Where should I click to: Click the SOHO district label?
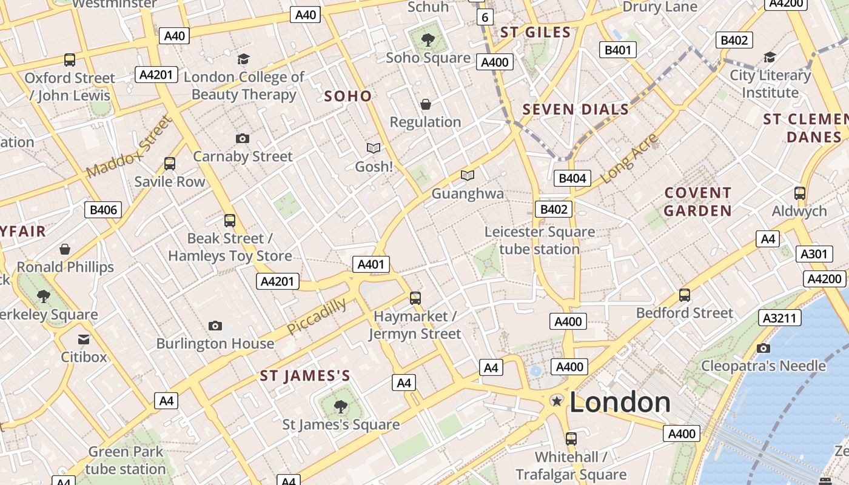(347, 96)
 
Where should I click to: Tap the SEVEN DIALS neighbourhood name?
(576, 109)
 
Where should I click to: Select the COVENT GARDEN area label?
(697, 202)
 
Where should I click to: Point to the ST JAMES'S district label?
(305, 376)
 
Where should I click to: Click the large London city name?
(620, 403)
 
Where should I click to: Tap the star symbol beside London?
(556, 401)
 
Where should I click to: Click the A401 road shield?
(371, 264)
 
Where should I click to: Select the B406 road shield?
(102, 210)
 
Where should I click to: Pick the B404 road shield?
(572, 178)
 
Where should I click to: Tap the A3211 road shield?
(779, 318)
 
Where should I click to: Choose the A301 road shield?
(813, 254)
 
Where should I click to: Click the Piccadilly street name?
(317, 316)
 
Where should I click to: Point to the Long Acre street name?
(629, 158)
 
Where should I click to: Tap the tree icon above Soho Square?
(428, 40)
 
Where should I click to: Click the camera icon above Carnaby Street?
(242, 138)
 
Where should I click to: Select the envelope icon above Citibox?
(84, 339)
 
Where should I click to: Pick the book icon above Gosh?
(374, 148)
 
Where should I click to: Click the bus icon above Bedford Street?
(685, 295)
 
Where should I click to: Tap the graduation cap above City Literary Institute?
(770, 57)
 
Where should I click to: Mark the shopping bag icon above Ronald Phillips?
(65, 249)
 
